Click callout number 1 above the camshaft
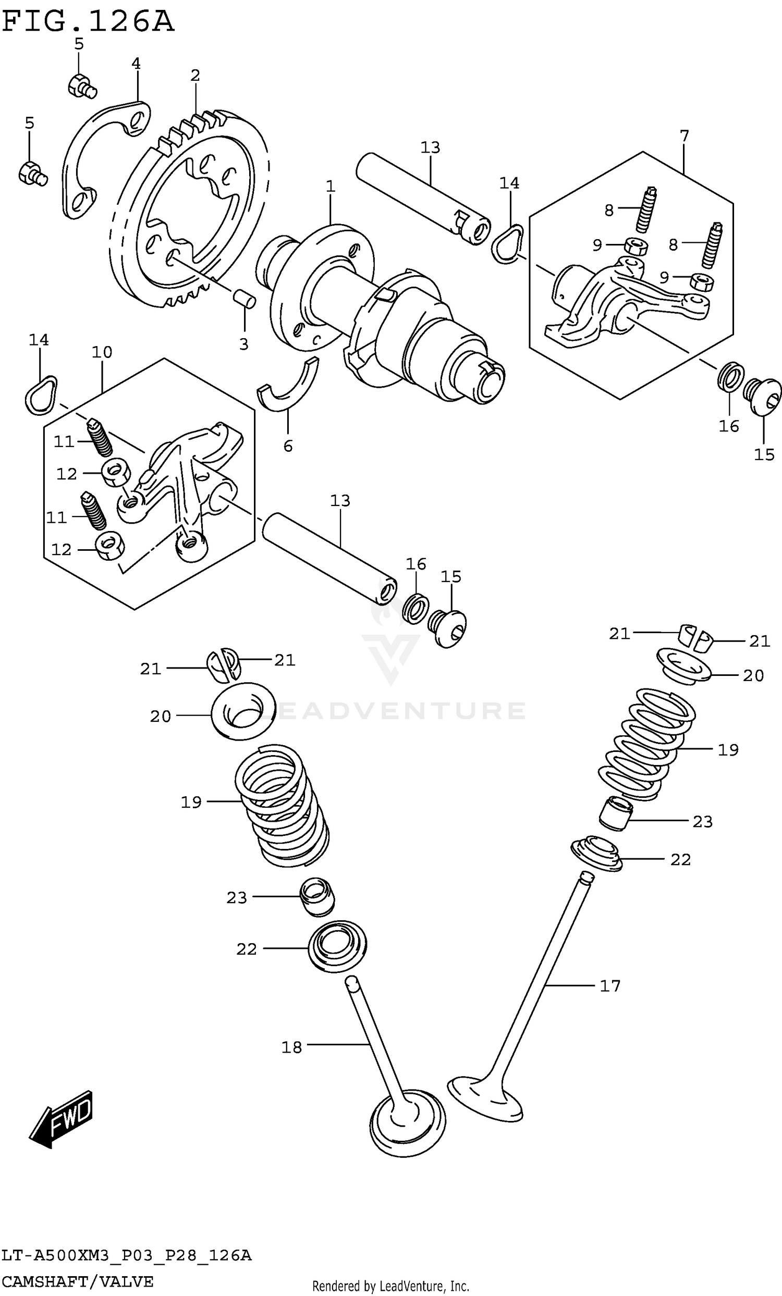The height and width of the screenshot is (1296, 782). click(330, 187)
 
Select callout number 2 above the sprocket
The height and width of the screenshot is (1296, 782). click(195, 76)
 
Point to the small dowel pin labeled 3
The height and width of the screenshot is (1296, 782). click(245, 299)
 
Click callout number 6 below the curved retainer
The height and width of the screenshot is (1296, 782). click(288, 446)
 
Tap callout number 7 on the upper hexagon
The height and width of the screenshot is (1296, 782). click(683, 136)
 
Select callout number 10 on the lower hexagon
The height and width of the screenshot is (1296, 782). click(102, 352)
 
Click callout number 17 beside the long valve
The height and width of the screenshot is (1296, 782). click(610, 985)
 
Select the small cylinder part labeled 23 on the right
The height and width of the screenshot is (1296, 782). click(616, 814)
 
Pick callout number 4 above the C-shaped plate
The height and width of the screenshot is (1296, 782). click(136, 64)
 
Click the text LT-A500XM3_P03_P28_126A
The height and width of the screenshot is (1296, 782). click(126, 1256)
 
